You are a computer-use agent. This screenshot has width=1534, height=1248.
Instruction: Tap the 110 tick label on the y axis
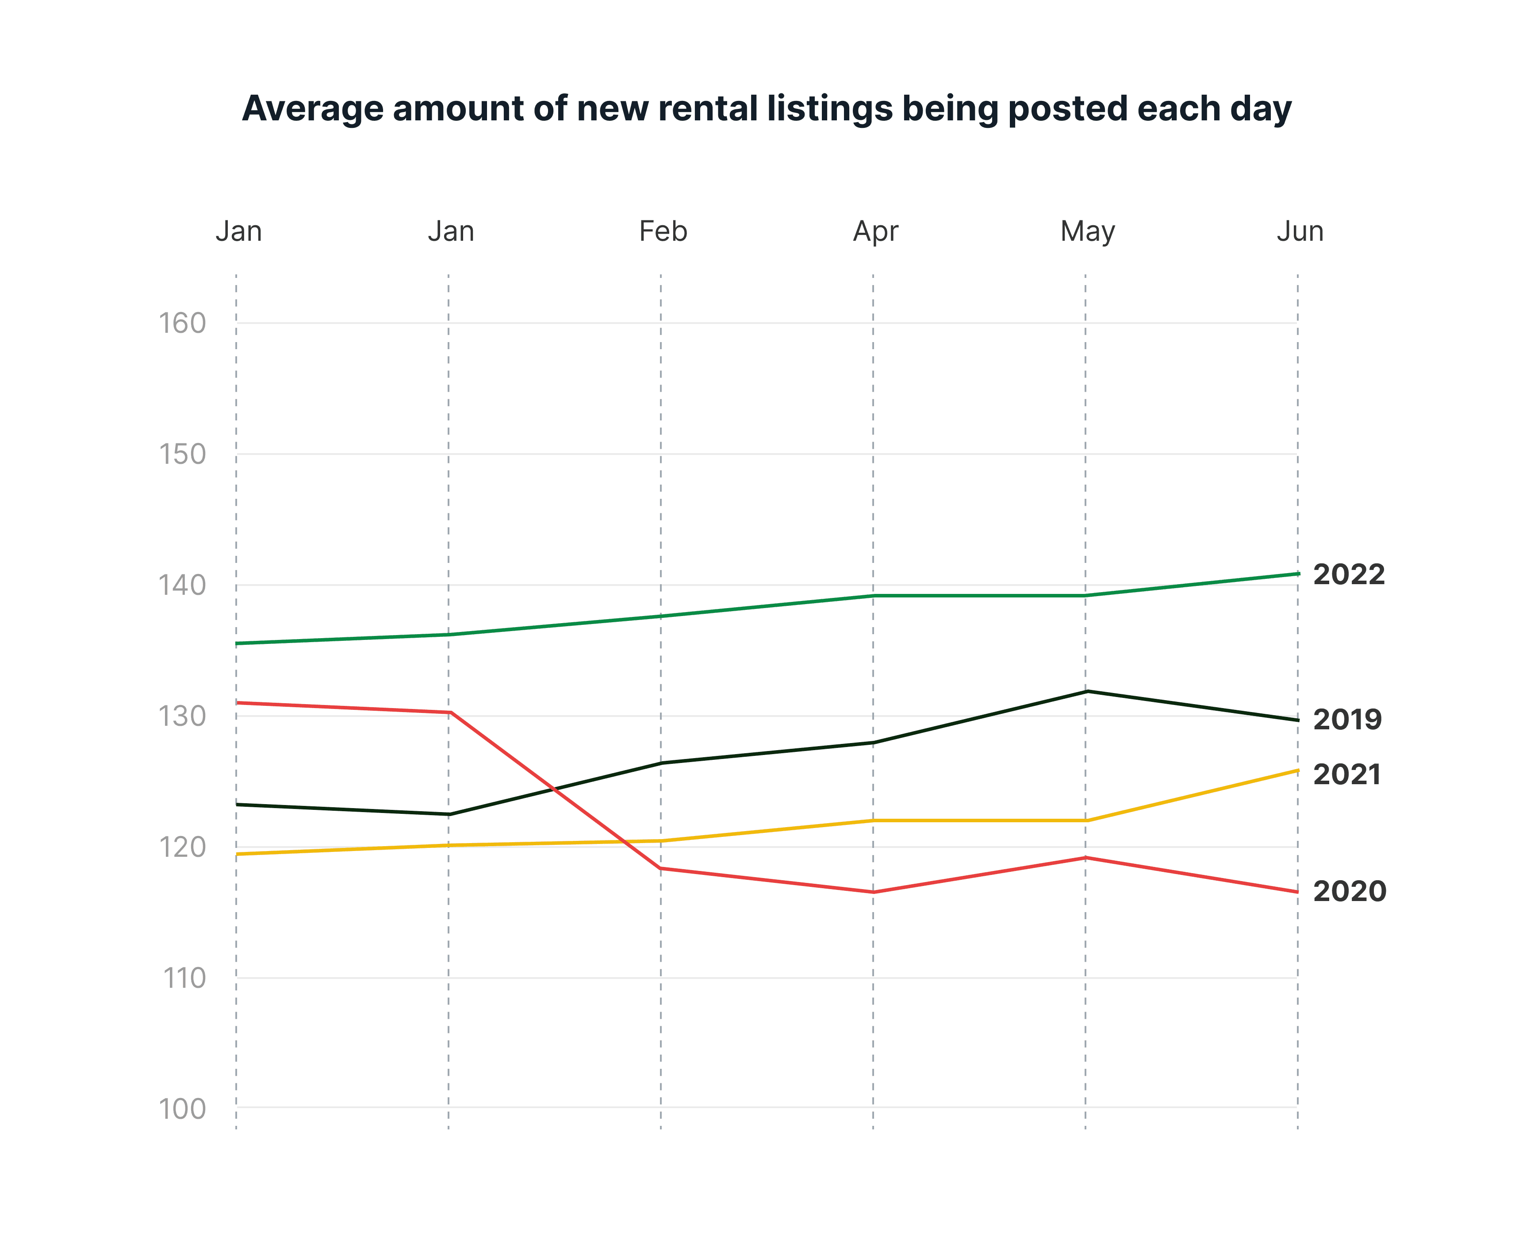184,978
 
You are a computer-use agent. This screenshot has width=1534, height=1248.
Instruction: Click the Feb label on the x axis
663,231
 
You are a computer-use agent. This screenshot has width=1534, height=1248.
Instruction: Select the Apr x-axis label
875,231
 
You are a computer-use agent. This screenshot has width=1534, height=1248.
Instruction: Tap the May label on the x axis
1087,231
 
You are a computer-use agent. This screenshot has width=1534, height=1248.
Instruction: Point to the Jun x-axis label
1299,231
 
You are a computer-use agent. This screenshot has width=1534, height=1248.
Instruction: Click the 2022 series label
1349,574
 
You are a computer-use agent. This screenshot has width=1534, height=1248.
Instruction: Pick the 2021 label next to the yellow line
1346,775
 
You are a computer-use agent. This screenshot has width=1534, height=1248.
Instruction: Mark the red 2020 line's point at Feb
661,868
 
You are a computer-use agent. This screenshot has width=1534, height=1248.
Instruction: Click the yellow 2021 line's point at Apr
873,820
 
